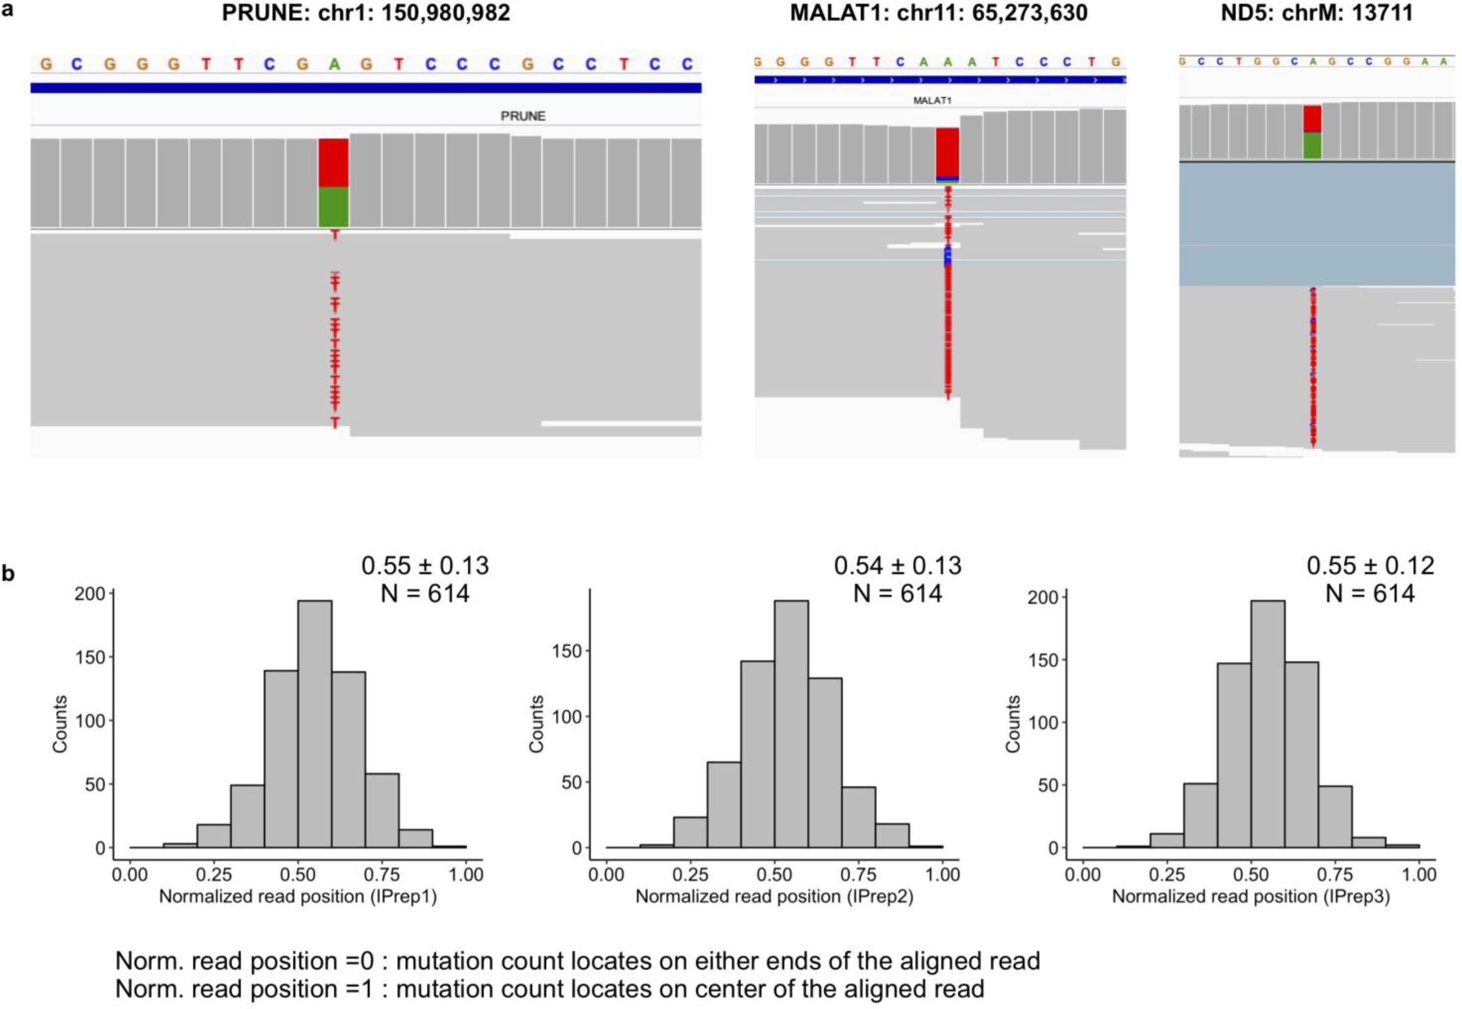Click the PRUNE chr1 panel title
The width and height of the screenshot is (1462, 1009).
[x=365, y=13]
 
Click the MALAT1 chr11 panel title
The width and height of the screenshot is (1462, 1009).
[x=939, y=13]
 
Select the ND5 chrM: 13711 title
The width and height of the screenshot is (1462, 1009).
[x=1317, y=13]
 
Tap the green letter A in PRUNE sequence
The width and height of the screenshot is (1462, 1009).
[x=334, y=64]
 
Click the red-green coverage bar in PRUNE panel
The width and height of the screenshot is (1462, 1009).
[x=333, y=183]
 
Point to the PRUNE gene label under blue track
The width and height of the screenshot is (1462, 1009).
[x=522, y=116]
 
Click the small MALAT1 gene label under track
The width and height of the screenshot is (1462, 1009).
[x=932, y=100]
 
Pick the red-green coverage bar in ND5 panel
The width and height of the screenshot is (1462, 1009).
[x=1312, y=132]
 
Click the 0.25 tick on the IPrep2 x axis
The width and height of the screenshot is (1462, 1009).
[x=691, y=875]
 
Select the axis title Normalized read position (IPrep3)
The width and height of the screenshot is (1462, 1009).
[x=1250, y=897]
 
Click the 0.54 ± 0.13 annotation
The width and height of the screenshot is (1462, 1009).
[x=897, y=566]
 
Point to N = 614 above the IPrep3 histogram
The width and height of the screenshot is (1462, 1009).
[x=1370, y=594]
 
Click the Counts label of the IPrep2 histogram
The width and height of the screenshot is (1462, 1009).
[x=537, y=724]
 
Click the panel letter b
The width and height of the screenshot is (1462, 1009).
[x=8, y=574]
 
